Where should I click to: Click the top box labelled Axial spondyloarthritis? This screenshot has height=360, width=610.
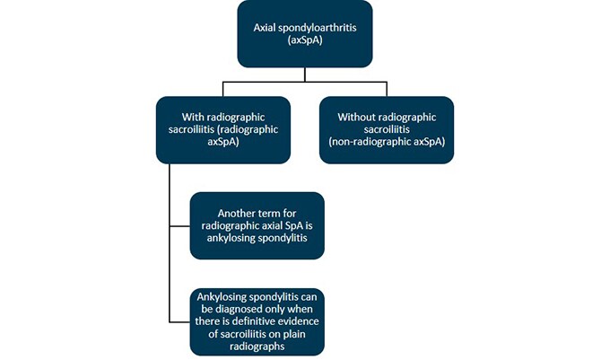pyautogui.click(x=304, y=33)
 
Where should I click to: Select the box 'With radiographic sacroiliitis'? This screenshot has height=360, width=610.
pyautogui.click(x=222, y=129)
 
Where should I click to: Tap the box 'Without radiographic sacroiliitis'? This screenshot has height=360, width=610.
pyautogui.click(x=386, y=129)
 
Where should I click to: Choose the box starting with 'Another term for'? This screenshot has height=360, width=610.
pyautogui.click(x=257, y=224)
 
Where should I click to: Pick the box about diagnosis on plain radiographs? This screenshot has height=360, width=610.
pyautogui.click(x=257, y=320)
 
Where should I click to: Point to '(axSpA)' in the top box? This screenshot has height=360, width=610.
pyautogui.click(x=304, y=41)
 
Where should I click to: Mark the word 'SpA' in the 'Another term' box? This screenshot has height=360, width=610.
pyautogui.click(x=286, y=224)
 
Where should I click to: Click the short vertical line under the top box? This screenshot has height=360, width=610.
pyautogui.click(x=304, y=75)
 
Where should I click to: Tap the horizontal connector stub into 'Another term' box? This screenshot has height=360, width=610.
pyautogui.click(x=179, y=224)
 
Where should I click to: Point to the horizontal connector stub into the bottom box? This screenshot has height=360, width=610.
pyautogui.click(x=179, y=320)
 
